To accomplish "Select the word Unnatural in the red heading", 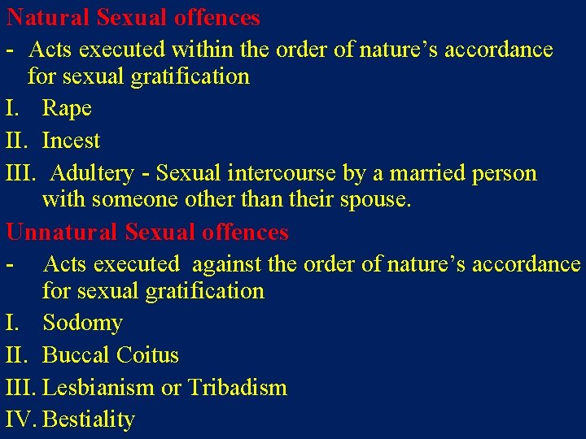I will pyautogui.click(x=62, y=232).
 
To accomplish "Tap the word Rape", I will pyautogui.click(x=67, y=108).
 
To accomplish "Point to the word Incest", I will pyautogui.click(x=71, y=141).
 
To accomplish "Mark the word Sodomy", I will pyautogui.click(x=82, y=323).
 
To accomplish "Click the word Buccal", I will pyautogui.click(x=76, y=355).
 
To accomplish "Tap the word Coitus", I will pyautogui.click(x=147, y=355).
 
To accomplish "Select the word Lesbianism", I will pyautogui.click(x=98, y=388).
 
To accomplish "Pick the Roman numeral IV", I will pyautogui.click(x=21, y=419).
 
